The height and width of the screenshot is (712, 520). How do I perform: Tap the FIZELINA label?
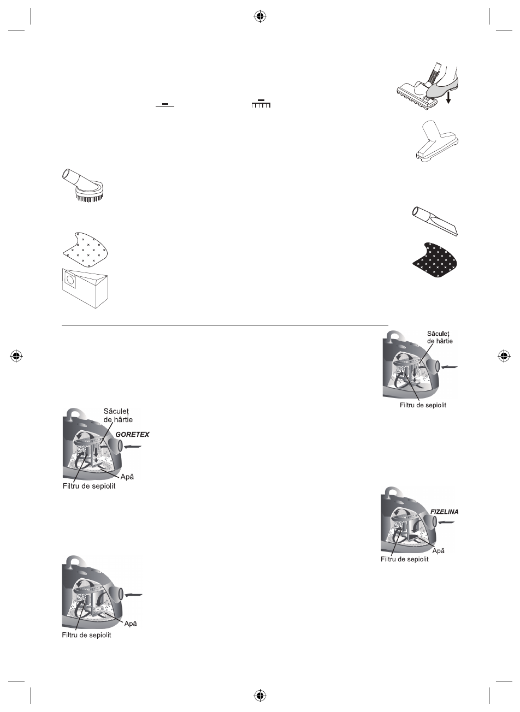(x=444, y=512)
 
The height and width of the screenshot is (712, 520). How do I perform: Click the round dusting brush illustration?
(x=86, y=186)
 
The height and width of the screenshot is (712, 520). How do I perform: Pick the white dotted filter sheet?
(x=86, y=250)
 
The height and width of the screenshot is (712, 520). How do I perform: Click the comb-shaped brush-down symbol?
(x=261, y=104)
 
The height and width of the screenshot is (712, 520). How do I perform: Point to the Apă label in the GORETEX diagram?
(x=127, y=477)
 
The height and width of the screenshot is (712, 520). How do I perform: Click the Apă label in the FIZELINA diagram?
(x=438, y=550)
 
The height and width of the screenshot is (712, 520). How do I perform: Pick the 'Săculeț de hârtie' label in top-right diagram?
(x=440, y=337)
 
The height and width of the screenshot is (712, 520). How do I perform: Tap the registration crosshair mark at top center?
(x=260, y=17)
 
